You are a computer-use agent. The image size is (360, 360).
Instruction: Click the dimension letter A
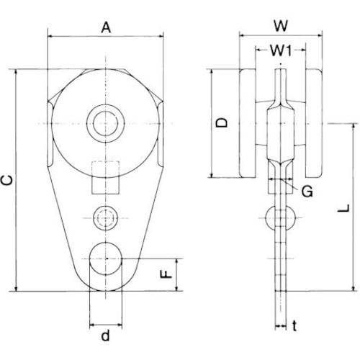pyautogui.click(x=106, y=27)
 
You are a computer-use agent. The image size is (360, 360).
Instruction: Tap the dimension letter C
pyautogui.click(x=7, y=180)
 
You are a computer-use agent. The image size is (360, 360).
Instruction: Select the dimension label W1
pyautogui.click(x=281, y=50)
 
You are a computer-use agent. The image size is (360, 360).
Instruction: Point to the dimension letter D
pyautogui.click(x=221, y=122)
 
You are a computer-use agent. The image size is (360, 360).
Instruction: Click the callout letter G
pyautogui.click(x=307, y=192)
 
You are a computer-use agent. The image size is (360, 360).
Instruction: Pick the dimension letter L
pyautogui.click(x=343, y=208)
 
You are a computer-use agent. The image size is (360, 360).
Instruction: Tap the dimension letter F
pyautogui.click(x=166, y=274)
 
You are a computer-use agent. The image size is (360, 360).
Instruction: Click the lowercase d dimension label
pyautogui.click(x=105, y=335)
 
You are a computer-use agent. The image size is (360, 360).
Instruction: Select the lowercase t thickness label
pyautogui.click(x=294, y=325)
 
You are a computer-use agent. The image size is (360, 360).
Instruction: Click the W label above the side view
pyautogui.click(x=281, y=26)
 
